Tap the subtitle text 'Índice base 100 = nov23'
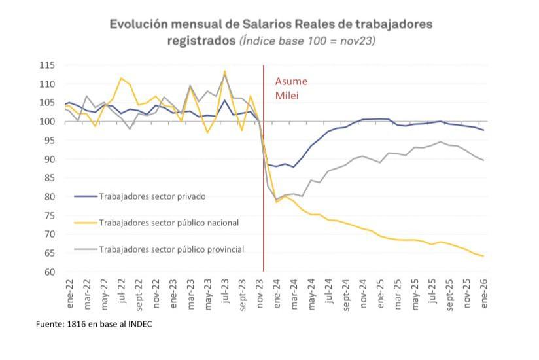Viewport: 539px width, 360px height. [x=307, y=41]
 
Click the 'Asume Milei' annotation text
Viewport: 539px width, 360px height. [x=290, y=88]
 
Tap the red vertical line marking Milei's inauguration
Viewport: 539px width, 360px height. [x=263, y=196]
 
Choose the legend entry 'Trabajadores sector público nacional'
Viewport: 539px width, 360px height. [x=169, y=223]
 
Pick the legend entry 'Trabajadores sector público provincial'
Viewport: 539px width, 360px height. [x=171, y=249]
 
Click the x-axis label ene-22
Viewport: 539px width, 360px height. [x=68, y=290]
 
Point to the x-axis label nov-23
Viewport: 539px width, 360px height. [x=260, y=290]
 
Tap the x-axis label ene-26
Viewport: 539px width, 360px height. [x=484, y=290]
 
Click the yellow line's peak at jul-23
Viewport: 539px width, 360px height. [x=224, y=71]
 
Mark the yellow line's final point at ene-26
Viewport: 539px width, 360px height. [x=483, y=256]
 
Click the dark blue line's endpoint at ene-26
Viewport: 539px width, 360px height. [x=483, y=130]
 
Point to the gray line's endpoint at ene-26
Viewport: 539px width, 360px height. [x=483, y=160]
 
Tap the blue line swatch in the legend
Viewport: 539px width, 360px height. [x=84, y=196]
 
